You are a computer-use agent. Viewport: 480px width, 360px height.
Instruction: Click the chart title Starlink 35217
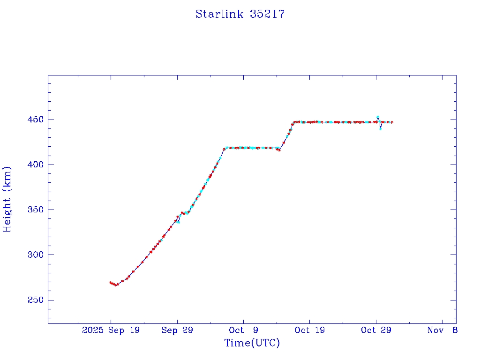click(x=240, y=14)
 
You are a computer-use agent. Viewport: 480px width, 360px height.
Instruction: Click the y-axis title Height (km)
click(x=7, y=199)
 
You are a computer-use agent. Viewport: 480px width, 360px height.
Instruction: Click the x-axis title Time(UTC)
click(x=252, y=343)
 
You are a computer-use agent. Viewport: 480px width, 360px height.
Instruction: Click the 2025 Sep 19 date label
click(x=111, y=330)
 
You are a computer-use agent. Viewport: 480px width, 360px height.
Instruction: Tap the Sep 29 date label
click(x=177, y=330)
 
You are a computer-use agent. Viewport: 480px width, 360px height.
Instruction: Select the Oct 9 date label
click(x=243, y=330)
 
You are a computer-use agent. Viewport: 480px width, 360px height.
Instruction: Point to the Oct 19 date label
click(x=310, y=330)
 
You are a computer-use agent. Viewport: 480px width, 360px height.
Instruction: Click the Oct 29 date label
click(x=376, y=330)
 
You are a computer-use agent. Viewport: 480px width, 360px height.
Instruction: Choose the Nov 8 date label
click(x=442, y=330)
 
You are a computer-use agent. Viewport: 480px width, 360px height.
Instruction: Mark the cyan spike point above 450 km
click(x=378, y=117)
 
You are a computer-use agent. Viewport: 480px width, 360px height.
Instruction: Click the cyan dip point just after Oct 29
click(x=381, y=129)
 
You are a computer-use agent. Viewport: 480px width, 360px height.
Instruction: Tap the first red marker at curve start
click(x=110, y=283)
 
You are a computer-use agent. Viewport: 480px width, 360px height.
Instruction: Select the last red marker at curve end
click(x=392, y=122)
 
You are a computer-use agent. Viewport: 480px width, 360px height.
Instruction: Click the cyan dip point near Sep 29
click(x=179, y=222)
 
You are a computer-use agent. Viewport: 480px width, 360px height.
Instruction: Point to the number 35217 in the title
click(x=267, y=14)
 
